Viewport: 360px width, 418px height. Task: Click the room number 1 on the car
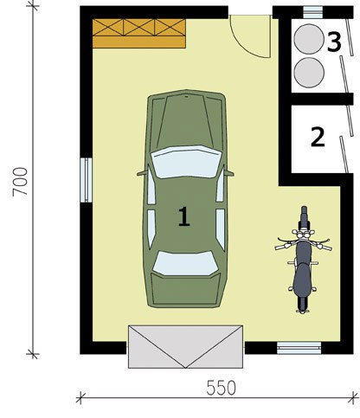point(183,216)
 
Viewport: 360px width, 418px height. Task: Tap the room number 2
point(318,137)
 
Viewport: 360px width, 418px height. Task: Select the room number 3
point(334,42)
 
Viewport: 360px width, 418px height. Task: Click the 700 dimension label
point(20,182)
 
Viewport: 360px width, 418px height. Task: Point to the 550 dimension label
point(222,388)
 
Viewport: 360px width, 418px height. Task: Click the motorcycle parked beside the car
point(303,260)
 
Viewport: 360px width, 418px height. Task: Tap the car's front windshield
point(186,162)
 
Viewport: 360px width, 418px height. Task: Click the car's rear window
point(185,263)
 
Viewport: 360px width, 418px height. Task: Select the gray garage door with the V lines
point(185,347)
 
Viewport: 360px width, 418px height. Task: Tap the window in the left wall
point(86,180)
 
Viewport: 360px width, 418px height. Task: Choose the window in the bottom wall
point(299,348)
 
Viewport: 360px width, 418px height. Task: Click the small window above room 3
point(312,12)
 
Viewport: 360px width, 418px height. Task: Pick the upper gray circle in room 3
point(309,39)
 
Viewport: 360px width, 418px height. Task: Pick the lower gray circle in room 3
point(309,73)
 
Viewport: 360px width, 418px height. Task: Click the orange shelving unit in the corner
point(139,34)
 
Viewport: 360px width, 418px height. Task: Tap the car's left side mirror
point(142,173)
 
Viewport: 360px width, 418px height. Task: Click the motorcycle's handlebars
point(303,244)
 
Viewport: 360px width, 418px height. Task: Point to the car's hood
point(186,119)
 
